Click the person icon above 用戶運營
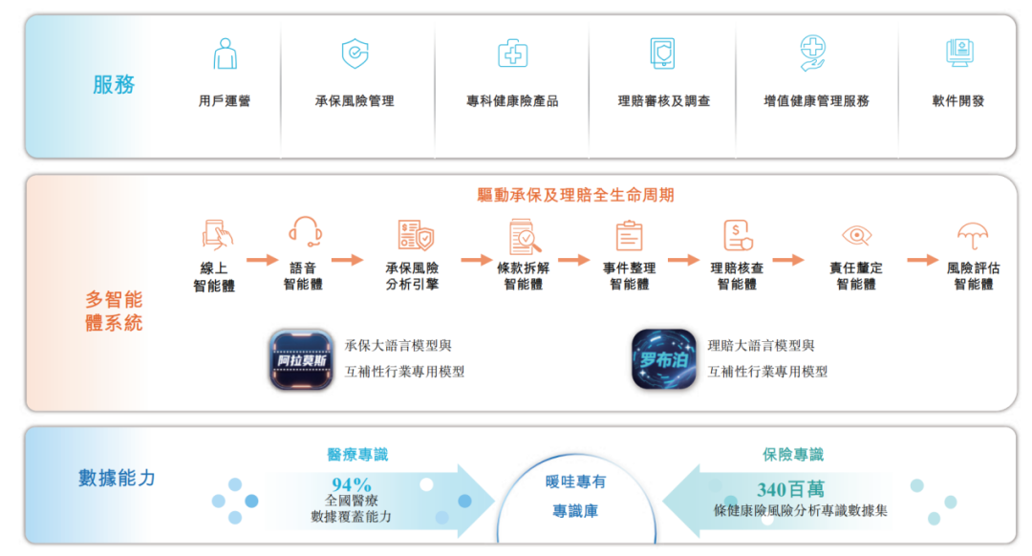pyautogui.click(x=225, y=53)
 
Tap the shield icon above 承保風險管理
pyautogui.click(x=355, y=53)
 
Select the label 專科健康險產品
pyautogui.click(x=512, y=100)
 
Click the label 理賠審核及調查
pyautogui.click(x=664, y=100)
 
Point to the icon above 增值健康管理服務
pyautogui.click(x=813, y=53)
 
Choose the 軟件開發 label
pyautogui.click(x=958, y=100)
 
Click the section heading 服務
pyautogui.click(x=114, y=85)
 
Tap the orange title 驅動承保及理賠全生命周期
pyautogui.click(x=576, y=195)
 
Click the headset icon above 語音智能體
pyautogui.click(x=304, y=232)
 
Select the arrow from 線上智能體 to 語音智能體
pyautogui.click(x=262, y=260)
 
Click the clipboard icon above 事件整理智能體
pyautogui.click(x=629, y=235)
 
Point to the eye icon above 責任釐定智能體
pyautogui.click(x=856, y=235)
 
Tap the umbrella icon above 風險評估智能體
pyautogui.click(x=973, y=235)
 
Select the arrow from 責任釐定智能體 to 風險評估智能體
pyautogui.click(x=922, y=260)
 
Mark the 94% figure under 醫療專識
pyautogui.click(x=351, y=484)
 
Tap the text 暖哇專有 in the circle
pyautogui.click(x=576, y=481)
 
